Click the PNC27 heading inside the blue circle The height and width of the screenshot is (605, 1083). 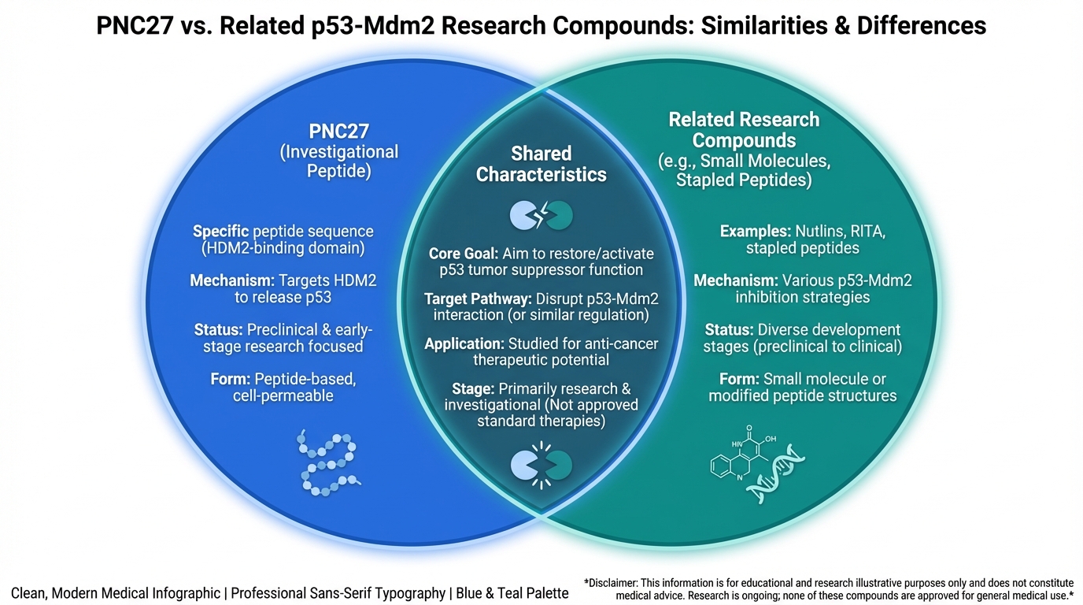pos(339,131)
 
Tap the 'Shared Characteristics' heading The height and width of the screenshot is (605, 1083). pos(541,164)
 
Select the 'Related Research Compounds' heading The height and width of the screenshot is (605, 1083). pos(744,130)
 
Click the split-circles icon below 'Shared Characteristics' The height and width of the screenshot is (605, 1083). pos(541,214)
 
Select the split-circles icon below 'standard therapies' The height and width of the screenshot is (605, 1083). pos(541,465)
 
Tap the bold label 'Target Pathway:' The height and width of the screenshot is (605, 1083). pos(478,299)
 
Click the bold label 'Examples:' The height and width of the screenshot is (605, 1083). pos(755,232)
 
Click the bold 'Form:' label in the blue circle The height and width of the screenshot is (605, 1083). pos(231,379)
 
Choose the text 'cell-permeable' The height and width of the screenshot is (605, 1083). pos(283,395)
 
